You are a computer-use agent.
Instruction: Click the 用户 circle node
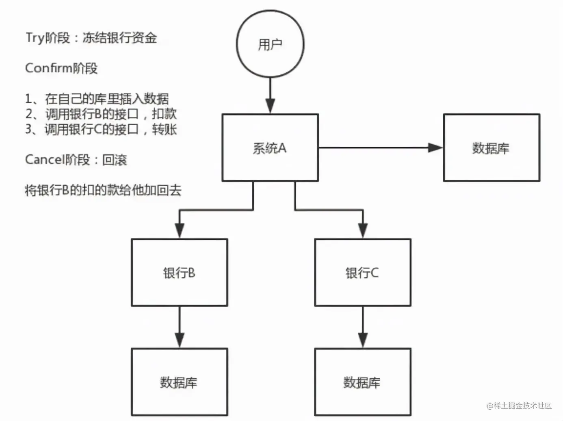(270, 43)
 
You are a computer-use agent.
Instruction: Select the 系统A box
(270, 148)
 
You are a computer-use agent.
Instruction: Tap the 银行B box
(179, 272)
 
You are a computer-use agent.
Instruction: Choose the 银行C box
(362, 272)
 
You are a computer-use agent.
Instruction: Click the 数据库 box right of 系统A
(491, 148)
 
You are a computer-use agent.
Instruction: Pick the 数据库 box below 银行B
(179, 382)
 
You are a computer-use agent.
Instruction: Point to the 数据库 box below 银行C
(362, 382)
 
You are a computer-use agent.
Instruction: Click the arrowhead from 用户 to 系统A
(270, 106)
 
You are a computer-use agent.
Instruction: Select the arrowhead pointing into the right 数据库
(435, 148)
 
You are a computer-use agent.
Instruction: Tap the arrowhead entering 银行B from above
(179, 230)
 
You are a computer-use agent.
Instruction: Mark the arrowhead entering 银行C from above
(363, 230)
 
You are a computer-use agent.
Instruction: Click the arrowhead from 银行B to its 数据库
(179, 340)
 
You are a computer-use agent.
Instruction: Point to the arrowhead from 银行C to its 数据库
(363, 340)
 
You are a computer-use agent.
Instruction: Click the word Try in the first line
(35, 38)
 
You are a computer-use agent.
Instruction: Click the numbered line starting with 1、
(97, 98)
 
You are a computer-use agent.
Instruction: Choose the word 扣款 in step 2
(164, 114)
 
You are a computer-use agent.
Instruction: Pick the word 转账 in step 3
(164, 129)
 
